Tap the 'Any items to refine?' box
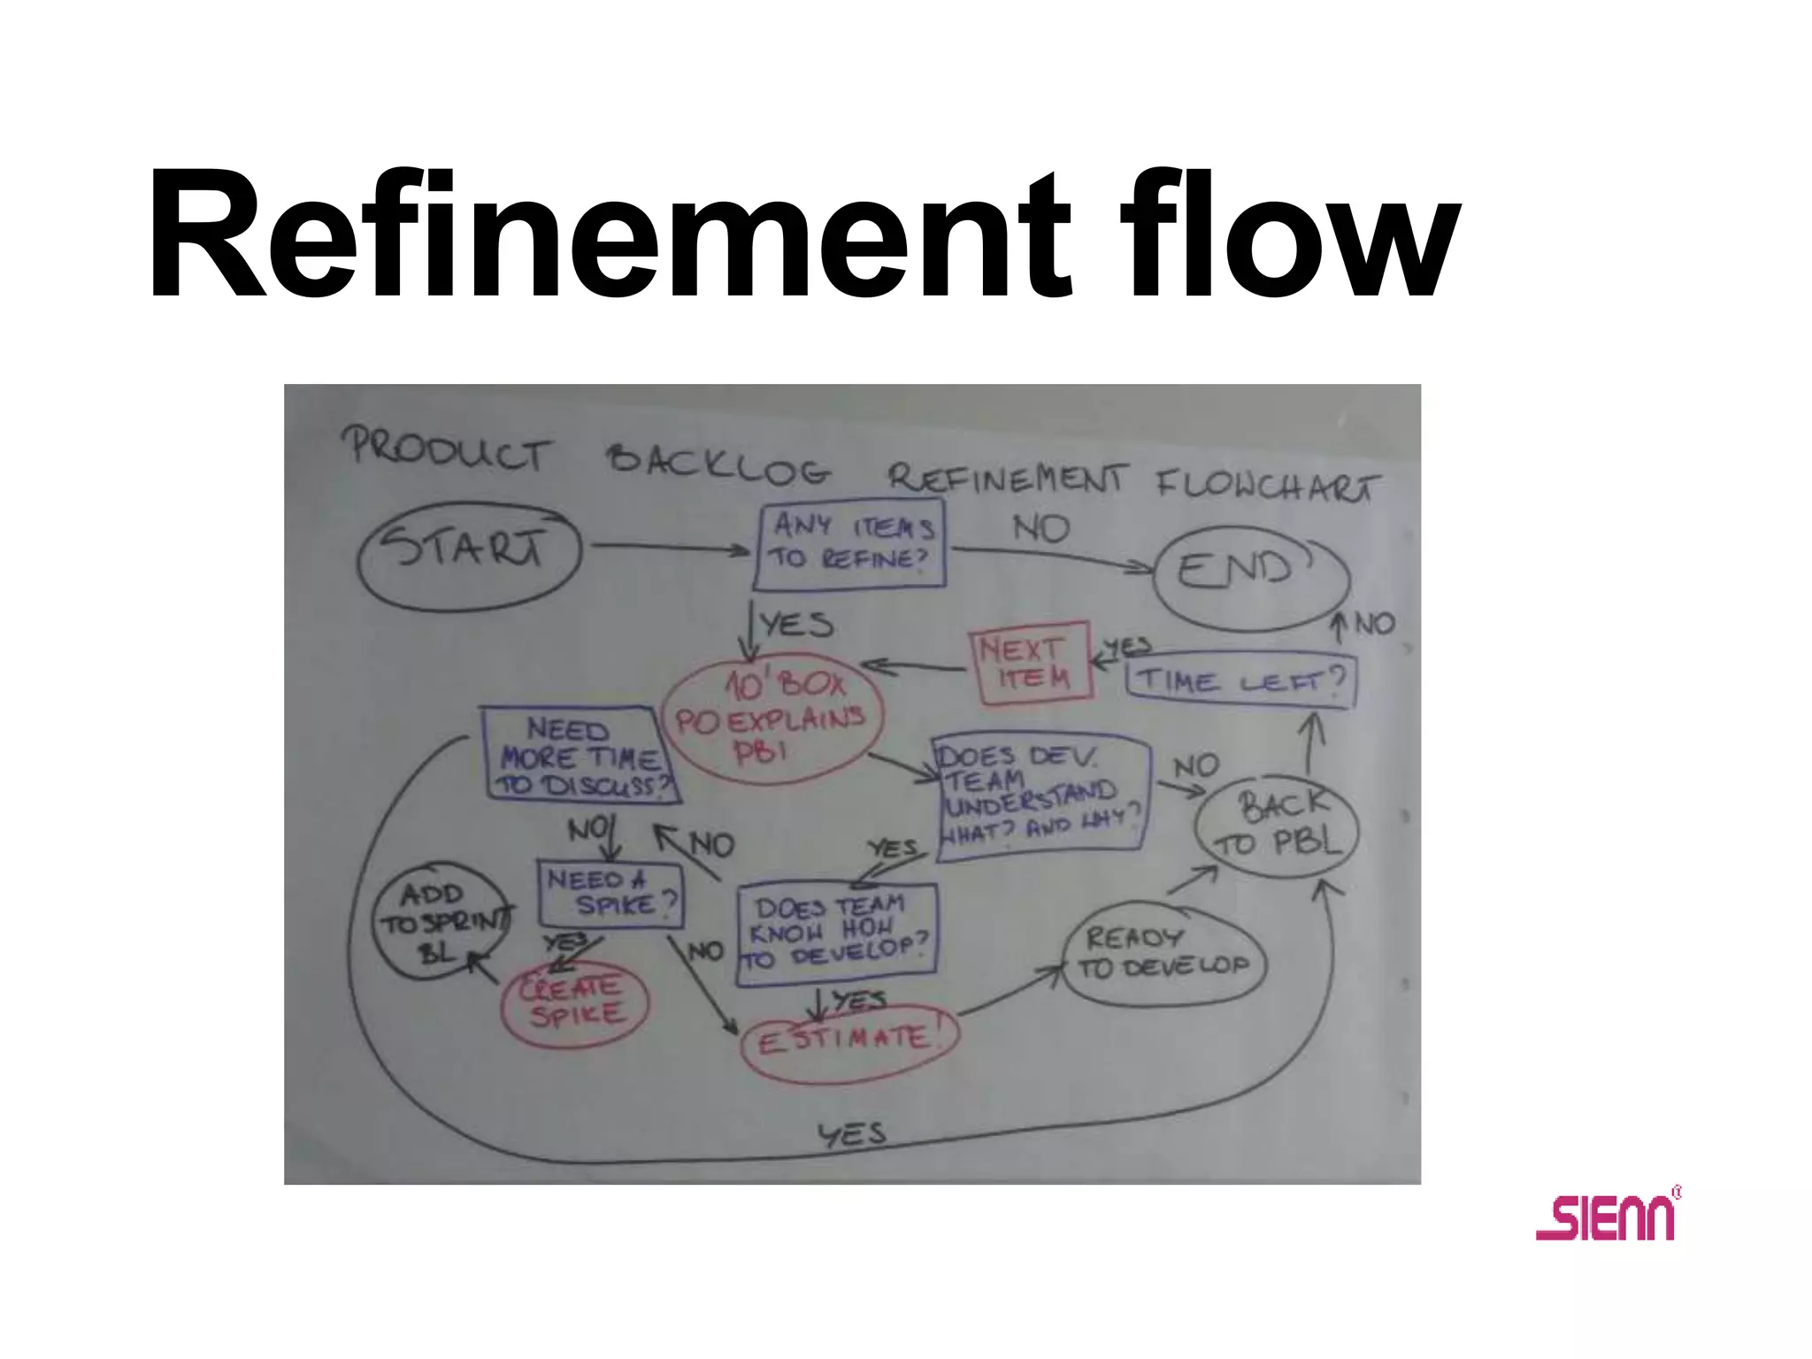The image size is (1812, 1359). click(x=850, y=543)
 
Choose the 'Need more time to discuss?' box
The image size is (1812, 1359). click(x=580, y=756)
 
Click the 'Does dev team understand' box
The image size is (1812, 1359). click(x=1040, y=793)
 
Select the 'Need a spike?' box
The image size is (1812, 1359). click(x=610, y=894)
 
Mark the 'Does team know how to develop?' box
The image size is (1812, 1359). click(x=836, y=934)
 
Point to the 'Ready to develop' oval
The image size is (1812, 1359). click(x=1163, y=953)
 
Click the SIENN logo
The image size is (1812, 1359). click(x=1607, y=1217)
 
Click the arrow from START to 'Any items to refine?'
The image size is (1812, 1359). click(x=671, y=549)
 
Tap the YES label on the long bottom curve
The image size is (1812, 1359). click(x=851, y=1134)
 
